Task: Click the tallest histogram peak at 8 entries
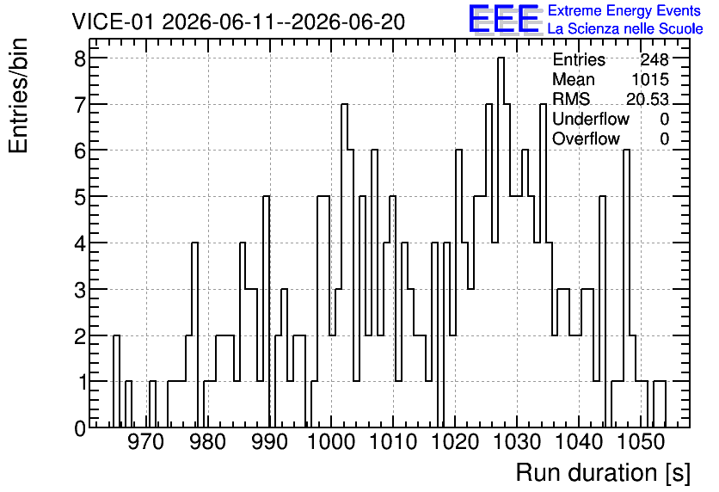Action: pos(501,58)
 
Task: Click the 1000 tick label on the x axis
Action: pos(330,442)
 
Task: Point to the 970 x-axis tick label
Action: pos(145,442)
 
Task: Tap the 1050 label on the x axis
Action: pos(641,442)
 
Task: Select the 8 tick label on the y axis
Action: pos(80,58)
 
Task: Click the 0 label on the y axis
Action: pos(80,428)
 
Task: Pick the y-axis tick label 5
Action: pos(80,197)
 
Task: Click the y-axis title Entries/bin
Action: pos(18,96)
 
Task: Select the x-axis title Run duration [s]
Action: pos(603,472)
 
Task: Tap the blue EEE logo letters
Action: pos(504,19)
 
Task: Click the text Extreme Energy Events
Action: pos(624,10)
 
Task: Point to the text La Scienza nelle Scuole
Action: pos(625,28)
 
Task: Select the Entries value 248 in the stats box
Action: pos(654,59)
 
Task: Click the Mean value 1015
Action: pos(650,79)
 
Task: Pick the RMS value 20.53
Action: pos(647,99)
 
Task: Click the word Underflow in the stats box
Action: pos(591,119)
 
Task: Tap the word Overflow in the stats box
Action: pos(586,138)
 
